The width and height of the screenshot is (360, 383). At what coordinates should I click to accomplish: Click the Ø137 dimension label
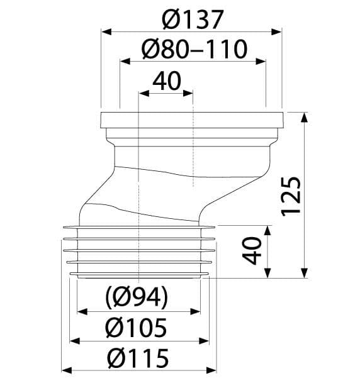pyautogui.click(x=193, y=19)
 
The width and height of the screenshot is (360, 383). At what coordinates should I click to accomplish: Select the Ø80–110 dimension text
pyautogui.click(x=194, y=49)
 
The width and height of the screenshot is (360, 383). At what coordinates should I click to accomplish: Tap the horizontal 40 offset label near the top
pyautogui.click(x=167, y=80)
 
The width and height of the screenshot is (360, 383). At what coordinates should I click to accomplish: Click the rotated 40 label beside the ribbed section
pyautogui.click(x=252, y=250)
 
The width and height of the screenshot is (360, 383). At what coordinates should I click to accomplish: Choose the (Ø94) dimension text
pyautogui.click(x=137, y=297)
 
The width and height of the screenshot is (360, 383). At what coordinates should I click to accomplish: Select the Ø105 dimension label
pyautogui.click(x=136, y=327)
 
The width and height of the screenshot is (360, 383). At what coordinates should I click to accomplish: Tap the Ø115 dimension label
pyautogui.click(x=138, y=358)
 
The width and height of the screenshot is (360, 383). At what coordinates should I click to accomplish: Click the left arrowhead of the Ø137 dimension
pyautogui.click(x=106, y=31)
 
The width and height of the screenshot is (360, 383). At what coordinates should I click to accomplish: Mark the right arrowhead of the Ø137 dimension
pyautogui.click(x=277, y=31)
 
